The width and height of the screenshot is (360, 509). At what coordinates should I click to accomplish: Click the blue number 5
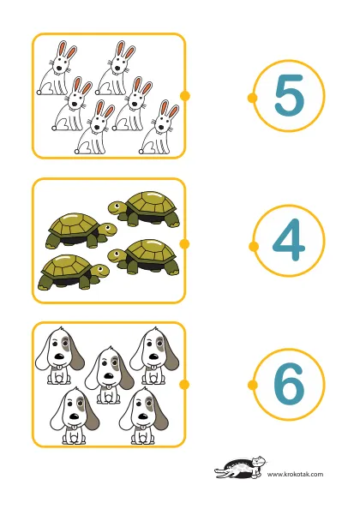(x=289, y=95)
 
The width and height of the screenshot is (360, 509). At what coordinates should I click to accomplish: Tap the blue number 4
(x=288, y=240)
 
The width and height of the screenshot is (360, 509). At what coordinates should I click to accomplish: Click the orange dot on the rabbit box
(x=184, y=96)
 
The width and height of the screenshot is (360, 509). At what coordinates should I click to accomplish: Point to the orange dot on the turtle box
(x=184, y=243)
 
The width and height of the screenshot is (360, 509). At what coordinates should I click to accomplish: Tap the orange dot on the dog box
(x=184, y=385)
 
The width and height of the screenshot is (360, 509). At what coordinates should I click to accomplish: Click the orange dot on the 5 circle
(x=252, y=98)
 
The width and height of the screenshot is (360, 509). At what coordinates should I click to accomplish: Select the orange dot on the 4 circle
(x=254, y=247)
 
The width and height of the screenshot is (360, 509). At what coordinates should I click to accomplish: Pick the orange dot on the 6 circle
(x=253, y=385)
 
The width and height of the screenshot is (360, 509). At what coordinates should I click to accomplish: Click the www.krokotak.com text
(x=295, y=474)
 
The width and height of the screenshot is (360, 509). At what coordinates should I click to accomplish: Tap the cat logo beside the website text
(x=240, y=467)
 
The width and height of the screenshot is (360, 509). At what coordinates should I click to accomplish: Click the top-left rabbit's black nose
(x=59, y=69)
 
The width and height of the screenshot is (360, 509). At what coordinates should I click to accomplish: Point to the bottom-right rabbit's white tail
(x=141, y=152)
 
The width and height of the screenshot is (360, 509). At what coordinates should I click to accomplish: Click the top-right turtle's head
(x=117, y=207)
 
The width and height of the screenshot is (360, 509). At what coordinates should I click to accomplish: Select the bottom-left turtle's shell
(x=67, y=266)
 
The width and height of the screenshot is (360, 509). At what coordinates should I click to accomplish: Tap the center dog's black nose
(x=109, y=376)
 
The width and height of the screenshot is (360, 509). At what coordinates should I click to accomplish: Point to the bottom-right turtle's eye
(x=116, y=252)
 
